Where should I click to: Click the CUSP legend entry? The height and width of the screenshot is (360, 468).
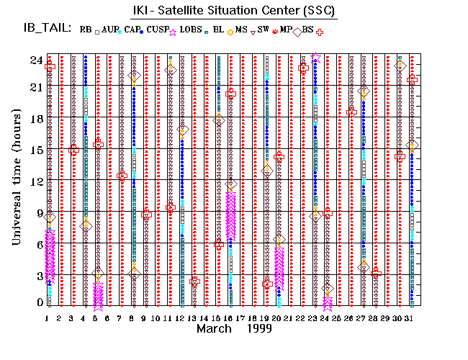[x=158, y=30]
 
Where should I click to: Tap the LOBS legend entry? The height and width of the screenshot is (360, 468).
[x=191, y=30]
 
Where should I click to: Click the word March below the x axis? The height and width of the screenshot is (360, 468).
[x=215, y=329]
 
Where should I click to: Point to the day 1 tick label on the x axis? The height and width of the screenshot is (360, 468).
[x=47, y=317]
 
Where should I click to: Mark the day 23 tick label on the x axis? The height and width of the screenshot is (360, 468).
[x=315, y=317]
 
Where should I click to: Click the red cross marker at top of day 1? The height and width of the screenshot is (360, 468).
[x=50, y=67]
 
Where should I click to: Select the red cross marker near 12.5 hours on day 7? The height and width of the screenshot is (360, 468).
[x=122, y=176]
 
